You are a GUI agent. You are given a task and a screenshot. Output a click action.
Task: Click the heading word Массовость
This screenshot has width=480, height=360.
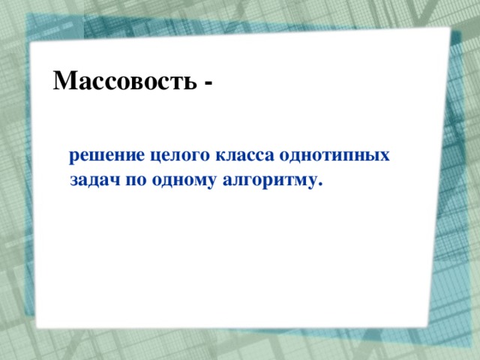124,80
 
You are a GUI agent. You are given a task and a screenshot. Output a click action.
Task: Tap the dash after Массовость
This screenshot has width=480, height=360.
207,82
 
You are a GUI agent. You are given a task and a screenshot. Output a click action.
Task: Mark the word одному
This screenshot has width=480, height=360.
178,181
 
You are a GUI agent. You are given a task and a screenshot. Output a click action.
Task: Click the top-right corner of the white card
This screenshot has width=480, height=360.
449,28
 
